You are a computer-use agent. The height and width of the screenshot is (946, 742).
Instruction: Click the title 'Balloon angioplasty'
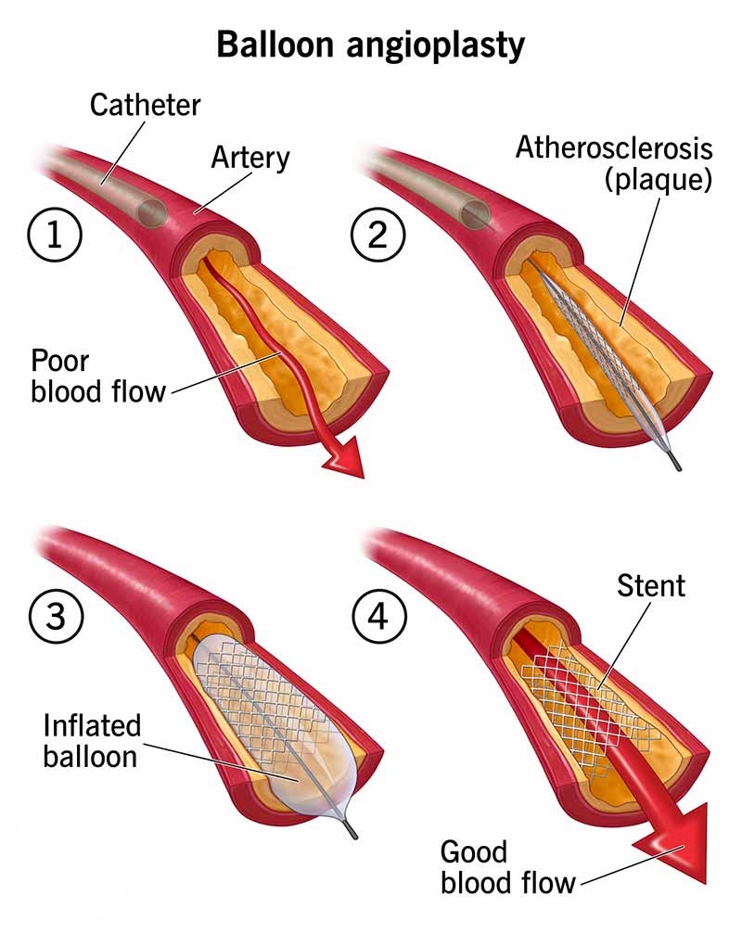370,44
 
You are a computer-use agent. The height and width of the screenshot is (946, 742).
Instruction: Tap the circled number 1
54,235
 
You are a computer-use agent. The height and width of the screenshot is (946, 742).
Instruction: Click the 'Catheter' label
146,104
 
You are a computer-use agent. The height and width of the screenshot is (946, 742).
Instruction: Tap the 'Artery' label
250,157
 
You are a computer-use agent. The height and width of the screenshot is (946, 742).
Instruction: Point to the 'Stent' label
651,585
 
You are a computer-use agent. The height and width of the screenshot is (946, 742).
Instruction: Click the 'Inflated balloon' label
92,740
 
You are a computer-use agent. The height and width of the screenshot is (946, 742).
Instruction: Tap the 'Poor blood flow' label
97,375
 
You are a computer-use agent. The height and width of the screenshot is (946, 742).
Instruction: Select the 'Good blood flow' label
507,866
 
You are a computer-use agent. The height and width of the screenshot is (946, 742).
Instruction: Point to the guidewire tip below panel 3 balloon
352,834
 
